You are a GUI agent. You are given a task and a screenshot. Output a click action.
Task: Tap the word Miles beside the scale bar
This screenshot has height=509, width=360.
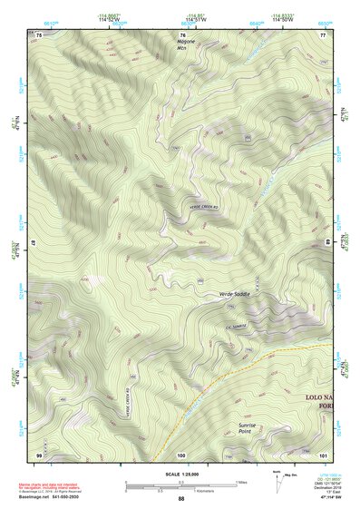point(243,481)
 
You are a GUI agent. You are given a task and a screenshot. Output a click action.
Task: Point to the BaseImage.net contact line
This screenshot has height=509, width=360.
point(51,498)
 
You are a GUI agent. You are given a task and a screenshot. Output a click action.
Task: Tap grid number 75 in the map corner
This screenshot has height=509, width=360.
point(39,34)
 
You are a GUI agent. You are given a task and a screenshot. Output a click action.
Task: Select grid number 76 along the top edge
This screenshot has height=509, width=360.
point(182,34)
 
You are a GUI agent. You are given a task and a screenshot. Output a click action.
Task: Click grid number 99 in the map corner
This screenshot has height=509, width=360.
point(39,454)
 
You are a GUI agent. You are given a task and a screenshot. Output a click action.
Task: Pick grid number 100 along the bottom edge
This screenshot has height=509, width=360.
point(181,454)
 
